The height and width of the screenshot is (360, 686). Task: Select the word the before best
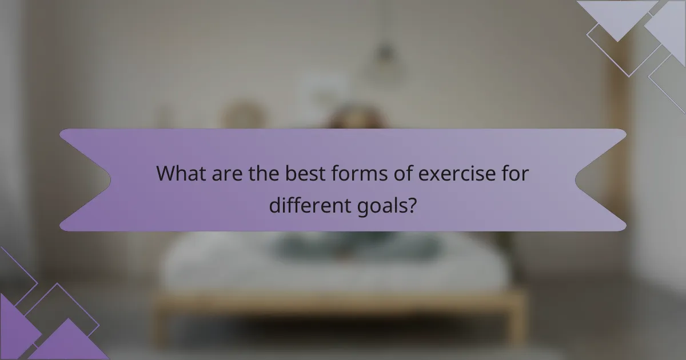pos(262,173)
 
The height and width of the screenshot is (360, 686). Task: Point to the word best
pos(302,173)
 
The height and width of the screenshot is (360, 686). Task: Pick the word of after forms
pos(395,173)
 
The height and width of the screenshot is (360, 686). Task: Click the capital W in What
pos(166,173)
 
